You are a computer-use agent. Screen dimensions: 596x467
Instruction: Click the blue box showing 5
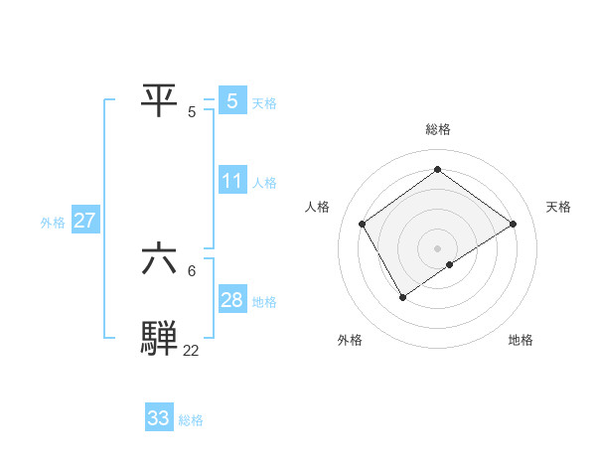(x=232, y=100)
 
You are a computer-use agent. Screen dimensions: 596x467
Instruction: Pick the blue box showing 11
(x=232, y=181)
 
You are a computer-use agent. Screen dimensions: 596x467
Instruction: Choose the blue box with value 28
(x=232, y=300)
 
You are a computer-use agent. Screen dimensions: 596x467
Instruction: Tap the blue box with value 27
(x=84, y=221)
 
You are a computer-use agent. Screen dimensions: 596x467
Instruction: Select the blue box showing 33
(x=159, y=418)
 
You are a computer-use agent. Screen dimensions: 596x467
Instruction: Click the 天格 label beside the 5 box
(x=264, y=102)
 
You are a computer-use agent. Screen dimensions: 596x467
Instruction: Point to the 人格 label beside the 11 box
(x=264, y=183)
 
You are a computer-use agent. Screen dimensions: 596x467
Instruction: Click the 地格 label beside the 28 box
(x=264, y=302)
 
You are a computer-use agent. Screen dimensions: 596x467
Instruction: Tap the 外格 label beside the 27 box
(x=53, y=223)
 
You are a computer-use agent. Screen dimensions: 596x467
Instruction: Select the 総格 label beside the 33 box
(x=191, y=420)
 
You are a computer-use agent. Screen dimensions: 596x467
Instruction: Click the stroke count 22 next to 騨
(x=191, y=350)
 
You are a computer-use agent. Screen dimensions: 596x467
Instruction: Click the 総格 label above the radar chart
(x=437, y=129)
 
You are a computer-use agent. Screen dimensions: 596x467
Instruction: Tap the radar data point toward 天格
(x=513, y=224)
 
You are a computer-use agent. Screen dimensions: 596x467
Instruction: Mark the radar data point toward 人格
(x=362, y=224)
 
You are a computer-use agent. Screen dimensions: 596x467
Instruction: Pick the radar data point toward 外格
(x=402, y=296)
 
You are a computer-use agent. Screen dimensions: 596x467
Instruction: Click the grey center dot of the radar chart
(x=437, y=247)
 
